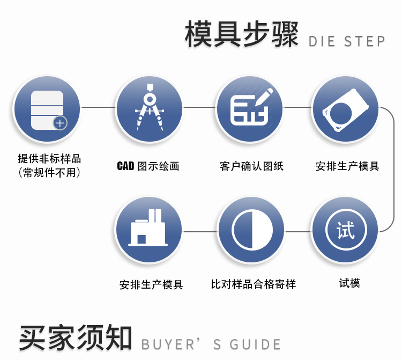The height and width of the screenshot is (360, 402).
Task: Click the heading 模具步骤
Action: point(241,35)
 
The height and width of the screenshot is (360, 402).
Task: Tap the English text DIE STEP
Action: point(347,41)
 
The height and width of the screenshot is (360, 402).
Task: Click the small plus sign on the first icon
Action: point(60,123)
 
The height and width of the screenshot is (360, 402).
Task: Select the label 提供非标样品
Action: point(49,159)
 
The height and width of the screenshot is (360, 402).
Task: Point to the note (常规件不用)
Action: point(49,172)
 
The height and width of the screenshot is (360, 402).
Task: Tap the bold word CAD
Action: point(125,166)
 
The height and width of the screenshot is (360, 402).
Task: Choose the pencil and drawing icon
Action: point(250,107)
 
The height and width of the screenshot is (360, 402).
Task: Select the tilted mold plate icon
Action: point(345,109)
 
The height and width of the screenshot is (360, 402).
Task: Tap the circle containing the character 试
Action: point(345,231)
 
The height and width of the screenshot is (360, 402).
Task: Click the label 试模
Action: point(349,283)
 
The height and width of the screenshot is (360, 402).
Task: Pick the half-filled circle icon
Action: point(251,231)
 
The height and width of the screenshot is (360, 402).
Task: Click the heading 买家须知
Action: point(75,337)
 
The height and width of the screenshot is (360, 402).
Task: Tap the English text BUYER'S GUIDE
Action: point(211,344)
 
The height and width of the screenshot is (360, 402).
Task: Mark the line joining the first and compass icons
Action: point(98,107)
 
